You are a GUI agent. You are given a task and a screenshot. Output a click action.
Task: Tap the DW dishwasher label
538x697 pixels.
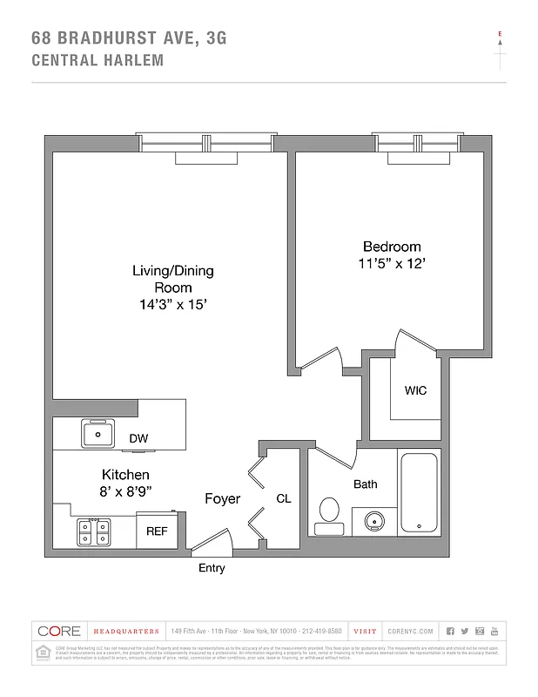[x=138, y=439]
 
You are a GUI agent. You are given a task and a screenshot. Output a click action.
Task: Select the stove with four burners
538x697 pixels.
[x=91, y=531]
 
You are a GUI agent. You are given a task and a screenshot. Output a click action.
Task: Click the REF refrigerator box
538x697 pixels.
[x=157, y=531]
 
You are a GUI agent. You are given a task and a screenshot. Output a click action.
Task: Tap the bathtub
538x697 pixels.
[x=420, y=492]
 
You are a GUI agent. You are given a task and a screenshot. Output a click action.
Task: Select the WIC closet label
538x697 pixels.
[x=415, y=391]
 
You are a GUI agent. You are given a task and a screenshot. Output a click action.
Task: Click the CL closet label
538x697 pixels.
[x=284, y=499]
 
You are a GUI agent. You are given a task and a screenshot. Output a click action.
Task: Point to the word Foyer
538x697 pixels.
[x=222, y=499]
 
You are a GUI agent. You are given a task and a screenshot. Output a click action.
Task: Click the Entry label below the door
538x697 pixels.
[x=212, y=569]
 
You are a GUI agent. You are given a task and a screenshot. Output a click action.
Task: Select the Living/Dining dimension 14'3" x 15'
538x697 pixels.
[x=172, y=305]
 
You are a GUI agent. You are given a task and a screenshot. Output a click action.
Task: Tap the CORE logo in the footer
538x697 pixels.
[x=59, y=631]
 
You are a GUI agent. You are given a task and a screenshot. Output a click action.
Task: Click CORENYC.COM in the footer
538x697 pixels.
[x=407, y=631]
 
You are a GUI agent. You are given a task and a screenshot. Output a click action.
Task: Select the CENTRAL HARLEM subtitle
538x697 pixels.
[x=97, y=60]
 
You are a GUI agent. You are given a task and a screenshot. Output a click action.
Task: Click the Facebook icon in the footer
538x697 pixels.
[x=450, y=631]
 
